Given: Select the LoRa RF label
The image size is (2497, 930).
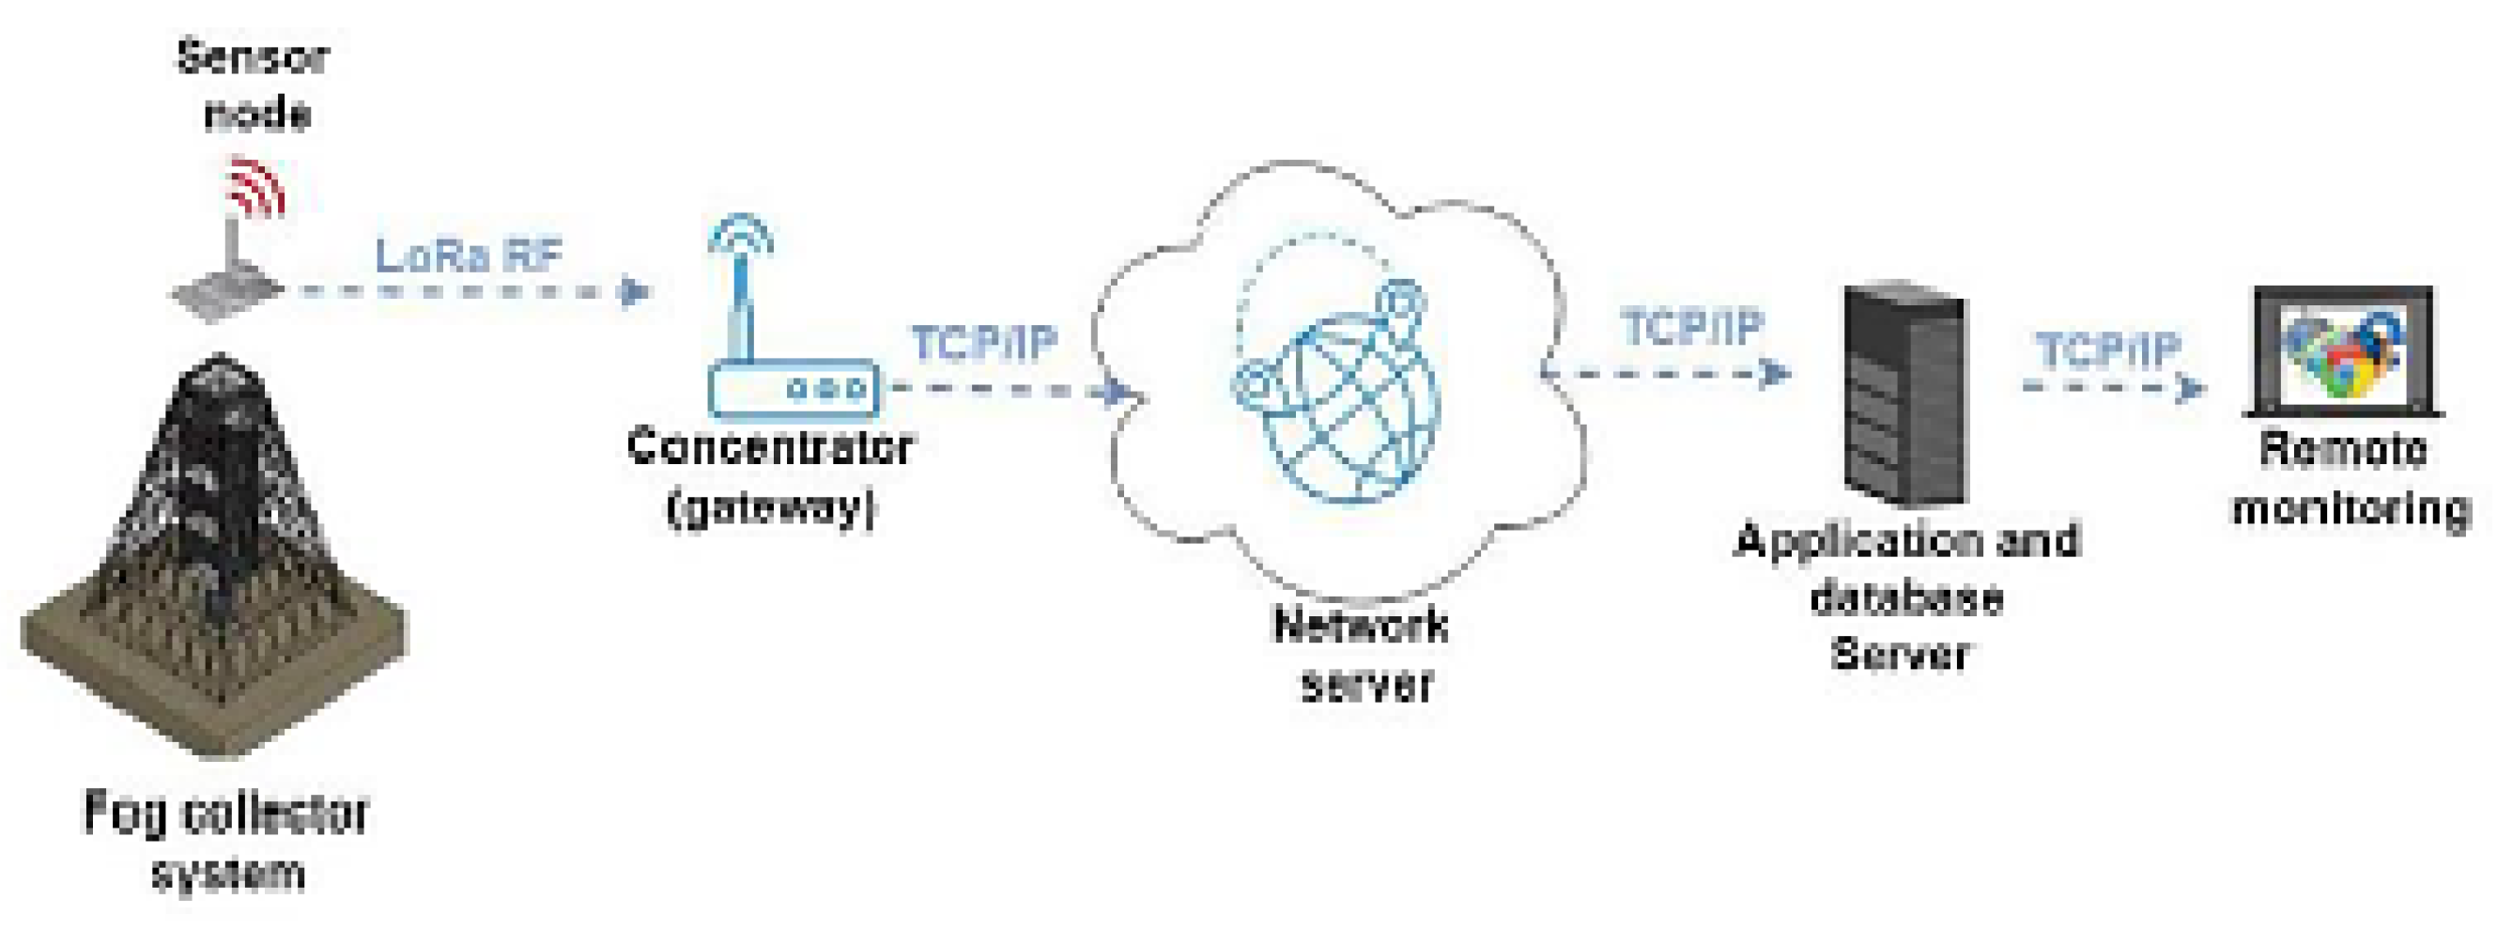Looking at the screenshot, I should (469, 256).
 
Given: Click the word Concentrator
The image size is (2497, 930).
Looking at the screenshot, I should (770, 447).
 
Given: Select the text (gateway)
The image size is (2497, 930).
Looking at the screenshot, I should (772, 507).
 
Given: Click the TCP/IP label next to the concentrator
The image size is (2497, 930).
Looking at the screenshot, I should (984, 342).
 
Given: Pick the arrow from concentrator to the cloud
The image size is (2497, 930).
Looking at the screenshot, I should (1009, 390).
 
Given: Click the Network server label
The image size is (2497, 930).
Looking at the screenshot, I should (1361, 655).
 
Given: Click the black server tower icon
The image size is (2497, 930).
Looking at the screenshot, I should (1904, 393).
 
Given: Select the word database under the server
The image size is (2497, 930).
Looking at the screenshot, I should (1905, 597).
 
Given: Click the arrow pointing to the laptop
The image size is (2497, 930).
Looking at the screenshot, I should (2113, 387).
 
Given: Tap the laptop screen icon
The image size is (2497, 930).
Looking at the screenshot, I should (2343, 350).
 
